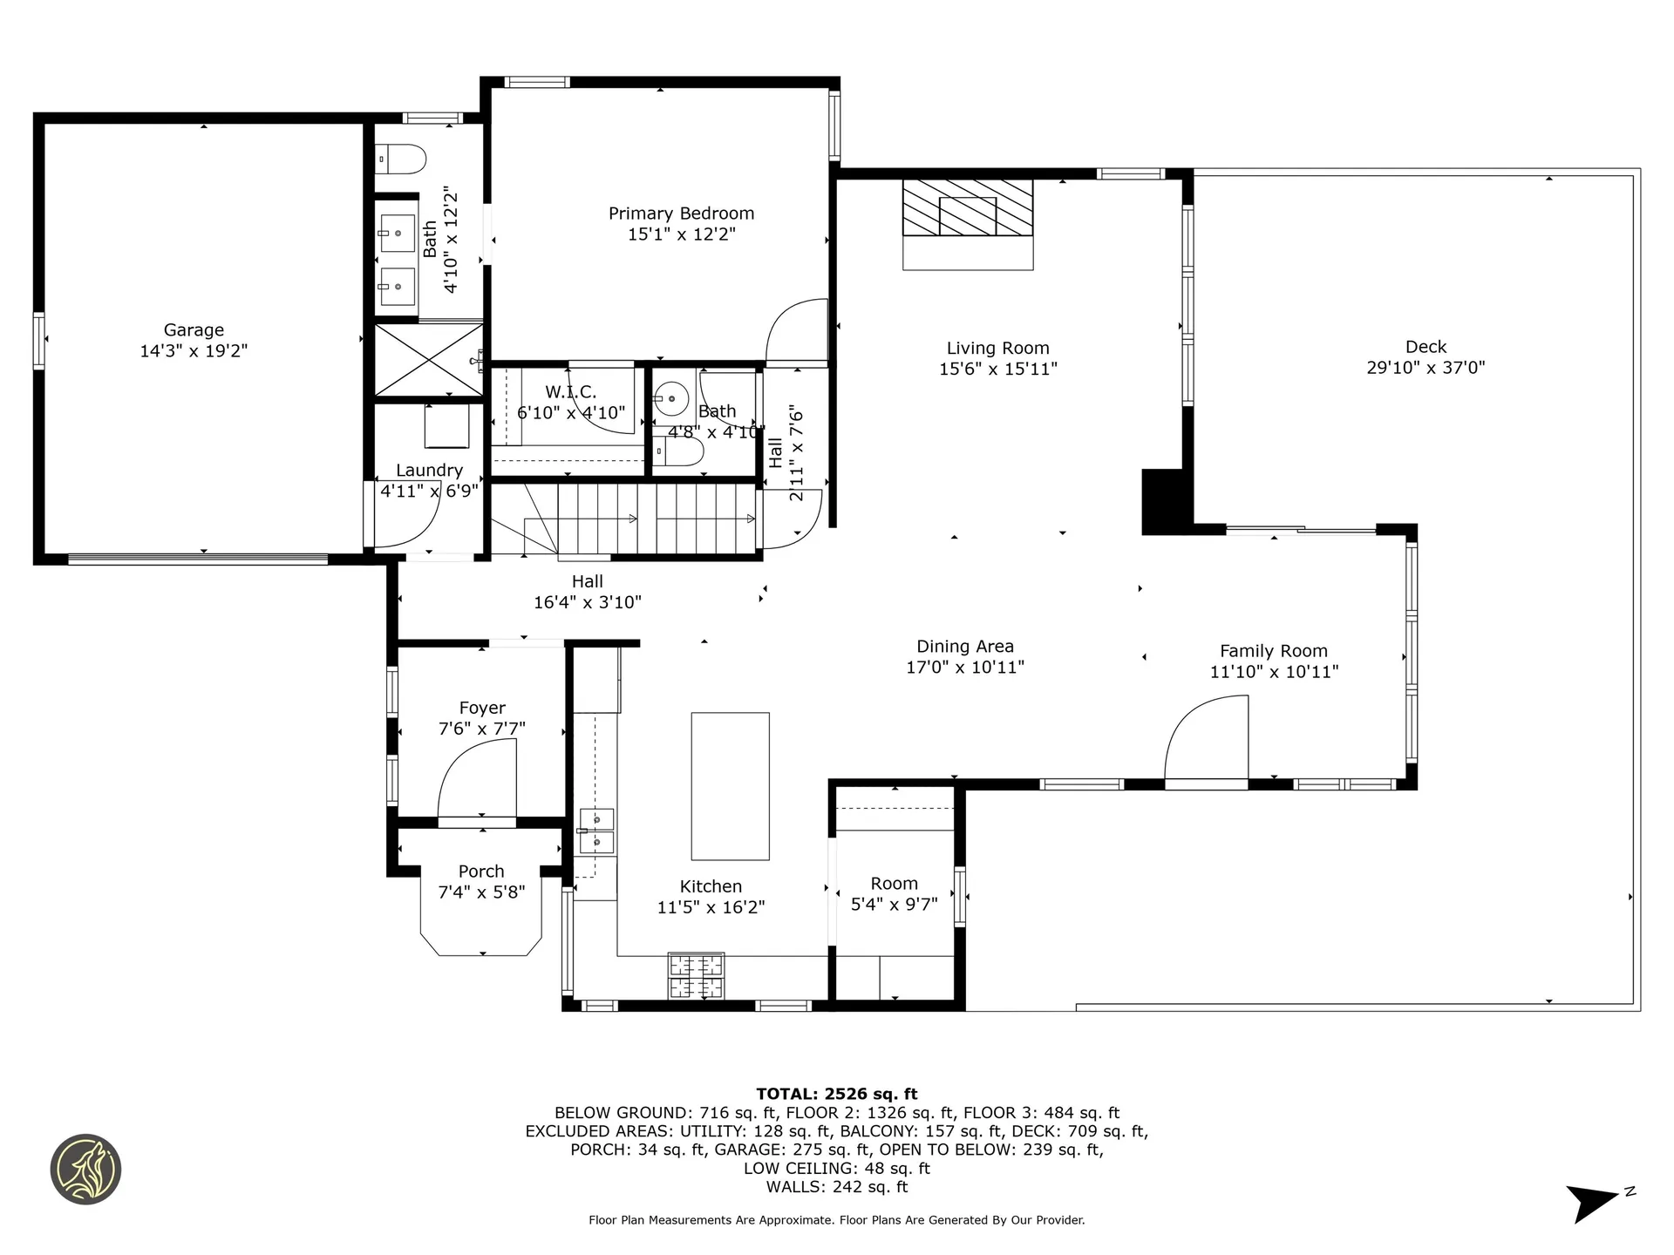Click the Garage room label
point(194,330)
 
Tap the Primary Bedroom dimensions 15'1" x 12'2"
point(681,234)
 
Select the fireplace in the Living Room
point(968,208)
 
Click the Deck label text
point(1426,347)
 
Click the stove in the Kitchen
point(695,975)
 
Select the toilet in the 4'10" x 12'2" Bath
point(402,159)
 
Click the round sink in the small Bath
point(671,398)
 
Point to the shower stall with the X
point(428,359)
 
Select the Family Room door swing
point(1208,741)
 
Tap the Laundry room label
point(429,471)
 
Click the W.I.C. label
point(571,392)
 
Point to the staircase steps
point(654,519)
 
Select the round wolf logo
point(85,1169)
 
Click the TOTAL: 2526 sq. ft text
point(836,1094)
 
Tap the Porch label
point(481,872)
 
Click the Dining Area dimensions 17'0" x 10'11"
point(964,668)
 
